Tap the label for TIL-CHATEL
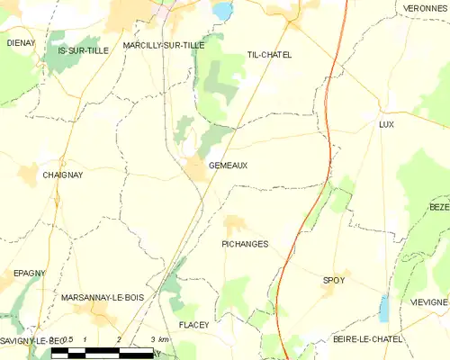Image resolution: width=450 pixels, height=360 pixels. pyautogui.click(x=270, y=55)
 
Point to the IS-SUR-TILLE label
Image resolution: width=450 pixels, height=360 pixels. pyautogui.click(x=83, y=50)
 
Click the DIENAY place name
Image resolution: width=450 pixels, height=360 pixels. pyautogui.click(x=20, y=42)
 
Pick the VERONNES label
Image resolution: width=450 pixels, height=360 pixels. pyautogui.click(x=425, y=7)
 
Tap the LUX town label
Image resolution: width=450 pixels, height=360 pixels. pyautogui.click(x=387, y=124)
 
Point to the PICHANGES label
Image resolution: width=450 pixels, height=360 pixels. pyautogui.click(x=245, y=244)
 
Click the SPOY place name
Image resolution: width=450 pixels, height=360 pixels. pyautogui.click(x=334, y=281)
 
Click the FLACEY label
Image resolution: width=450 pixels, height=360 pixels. pyautogui.click(x=193, y=324)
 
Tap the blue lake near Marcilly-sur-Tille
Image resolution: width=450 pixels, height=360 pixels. pyautogui.click(x=221, y=12)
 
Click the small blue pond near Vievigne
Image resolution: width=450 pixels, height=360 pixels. pyautogui.click(x=385, y=310)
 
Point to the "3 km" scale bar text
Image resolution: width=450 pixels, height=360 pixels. pyautogui.click(x=159, y=337)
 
